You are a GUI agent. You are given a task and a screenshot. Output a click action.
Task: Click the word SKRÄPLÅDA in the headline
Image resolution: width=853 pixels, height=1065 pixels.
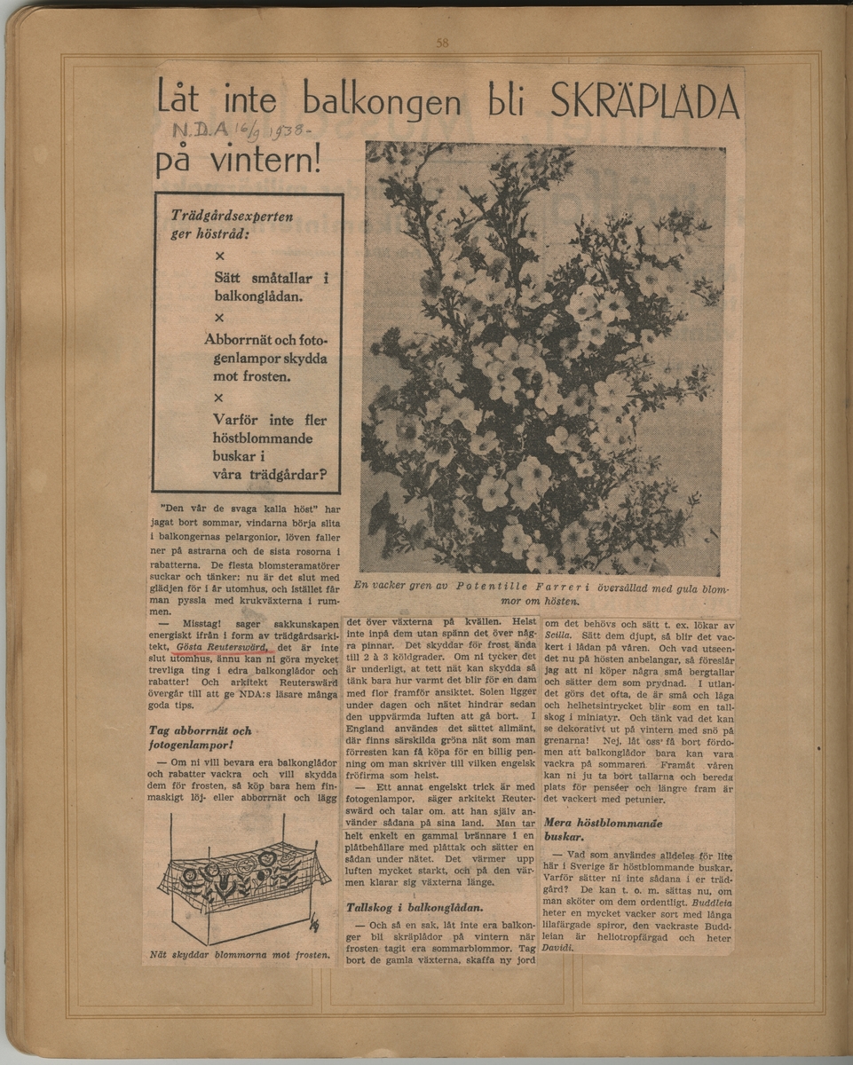click(644, 102)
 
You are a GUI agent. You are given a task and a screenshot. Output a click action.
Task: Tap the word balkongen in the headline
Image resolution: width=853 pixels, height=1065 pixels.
click(382, 99)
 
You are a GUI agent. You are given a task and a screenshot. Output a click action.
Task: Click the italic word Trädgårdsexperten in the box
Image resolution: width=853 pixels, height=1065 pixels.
click(232, 216)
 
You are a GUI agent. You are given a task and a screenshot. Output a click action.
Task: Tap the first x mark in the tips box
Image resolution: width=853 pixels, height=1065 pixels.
click(219, 256)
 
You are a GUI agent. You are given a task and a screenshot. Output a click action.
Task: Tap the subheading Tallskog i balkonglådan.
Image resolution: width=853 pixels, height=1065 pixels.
click(415, 907)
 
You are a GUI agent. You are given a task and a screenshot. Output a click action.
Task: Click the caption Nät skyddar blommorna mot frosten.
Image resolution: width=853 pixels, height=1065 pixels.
click(241, 957)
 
